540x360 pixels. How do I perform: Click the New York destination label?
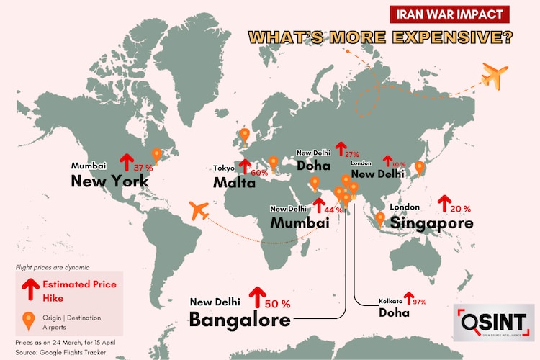109,181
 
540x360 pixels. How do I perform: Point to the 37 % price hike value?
143,167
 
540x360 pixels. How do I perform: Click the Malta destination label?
234,183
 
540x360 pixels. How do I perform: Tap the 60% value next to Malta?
258,172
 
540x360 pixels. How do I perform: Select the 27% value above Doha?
351,154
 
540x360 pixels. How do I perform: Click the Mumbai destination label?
300,222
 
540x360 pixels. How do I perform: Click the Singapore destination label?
431,222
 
